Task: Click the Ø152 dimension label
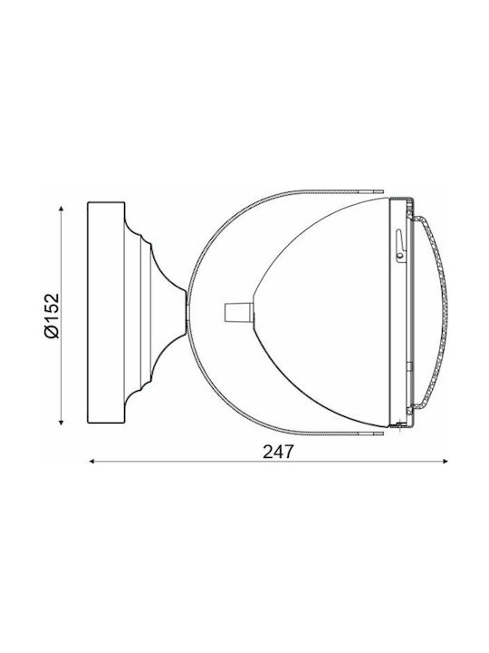point(52,316)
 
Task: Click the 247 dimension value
point(278,451)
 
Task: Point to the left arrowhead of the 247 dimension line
point(92,461)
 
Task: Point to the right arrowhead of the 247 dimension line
point(445,461)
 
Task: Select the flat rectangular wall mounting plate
point(106,313)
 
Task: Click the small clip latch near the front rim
point(399,246)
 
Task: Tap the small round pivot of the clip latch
point(400,255)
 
